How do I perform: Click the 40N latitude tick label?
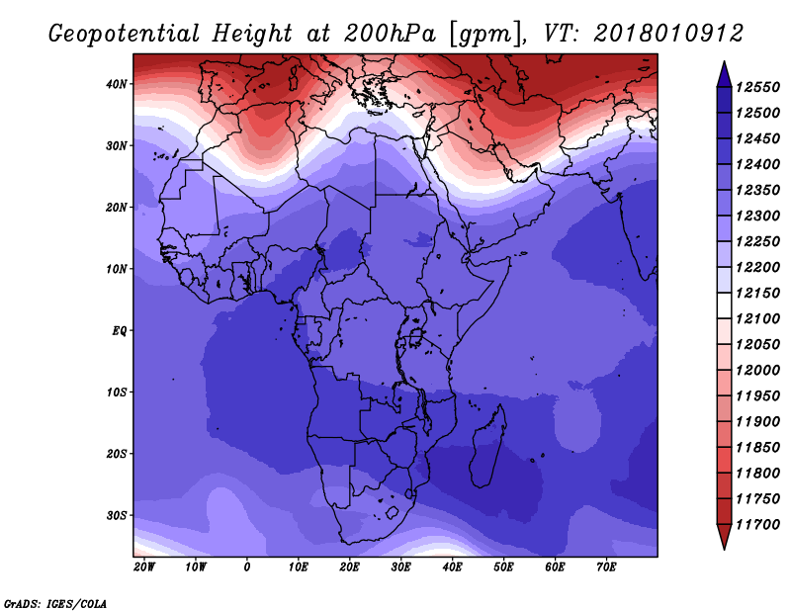pos(118,84)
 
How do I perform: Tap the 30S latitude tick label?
pos(118,515)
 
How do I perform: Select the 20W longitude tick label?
pos(144,567)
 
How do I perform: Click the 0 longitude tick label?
pos(247,567)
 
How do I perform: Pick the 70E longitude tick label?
pos(606,567)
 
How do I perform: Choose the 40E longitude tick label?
pos(452,567)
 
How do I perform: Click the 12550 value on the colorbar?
pos(757,87)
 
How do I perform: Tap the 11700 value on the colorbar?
pos(757,524)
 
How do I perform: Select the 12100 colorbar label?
pos(757,318)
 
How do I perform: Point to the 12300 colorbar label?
pos(757,216)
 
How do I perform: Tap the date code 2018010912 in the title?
pos(668,33)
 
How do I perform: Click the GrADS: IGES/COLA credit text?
pos(54,602)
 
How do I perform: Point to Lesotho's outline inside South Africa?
pos(393,513)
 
